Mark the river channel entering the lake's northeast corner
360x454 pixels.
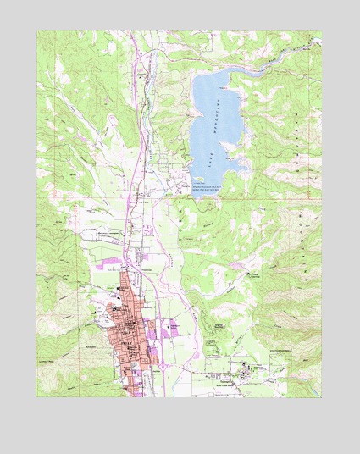pos(254,62)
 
